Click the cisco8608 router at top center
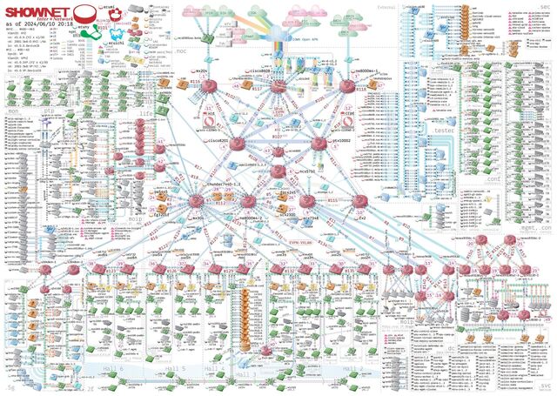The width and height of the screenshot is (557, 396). (278, 87)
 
